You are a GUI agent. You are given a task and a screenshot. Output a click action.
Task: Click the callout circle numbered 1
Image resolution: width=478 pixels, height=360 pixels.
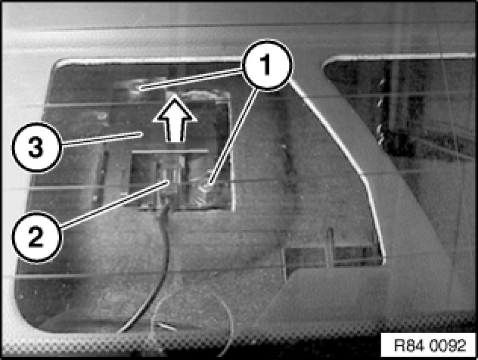pos(267,64)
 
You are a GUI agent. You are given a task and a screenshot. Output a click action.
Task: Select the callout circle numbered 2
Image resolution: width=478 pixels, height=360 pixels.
pos(37,237)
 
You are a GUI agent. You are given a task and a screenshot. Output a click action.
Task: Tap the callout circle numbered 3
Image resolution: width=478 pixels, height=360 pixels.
pos(37,148)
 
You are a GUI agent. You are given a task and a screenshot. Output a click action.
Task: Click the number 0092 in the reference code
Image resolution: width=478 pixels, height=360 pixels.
pos(449,346)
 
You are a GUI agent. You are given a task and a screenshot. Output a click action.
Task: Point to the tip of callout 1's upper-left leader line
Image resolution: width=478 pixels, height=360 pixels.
pos(141,88)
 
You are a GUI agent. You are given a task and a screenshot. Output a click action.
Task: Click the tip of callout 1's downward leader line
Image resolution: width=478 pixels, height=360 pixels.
pos(210,184)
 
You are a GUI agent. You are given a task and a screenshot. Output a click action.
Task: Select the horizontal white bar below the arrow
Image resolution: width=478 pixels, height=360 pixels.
pos(170,151)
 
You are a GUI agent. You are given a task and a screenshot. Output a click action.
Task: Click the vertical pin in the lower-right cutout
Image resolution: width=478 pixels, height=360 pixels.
pos(329,247)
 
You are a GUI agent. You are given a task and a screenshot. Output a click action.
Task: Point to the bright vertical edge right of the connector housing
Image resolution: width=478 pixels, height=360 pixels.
pos(232,152)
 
